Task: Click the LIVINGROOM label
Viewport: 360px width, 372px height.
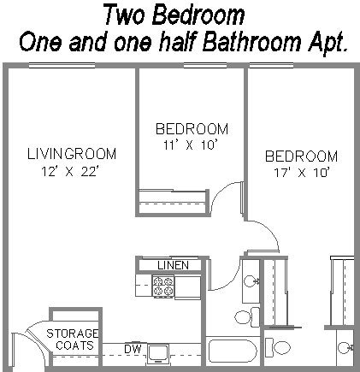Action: tap(72, 154)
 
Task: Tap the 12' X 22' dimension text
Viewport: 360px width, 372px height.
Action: tap(70, 171)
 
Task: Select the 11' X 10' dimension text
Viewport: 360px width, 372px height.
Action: tap(192, 145)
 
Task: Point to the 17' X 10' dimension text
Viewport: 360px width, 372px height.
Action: tap(302, 172)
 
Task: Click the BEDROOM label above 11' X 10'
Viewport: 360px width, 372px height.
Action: tap(192, 129)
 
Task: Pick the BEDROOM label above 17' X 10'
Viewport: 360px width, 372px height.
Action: tap(301, 156)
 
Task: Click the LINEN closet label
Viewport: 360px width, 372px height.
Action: tap(173, 265)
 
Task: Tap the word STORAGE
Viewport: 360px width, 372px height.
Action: tap(73, 334)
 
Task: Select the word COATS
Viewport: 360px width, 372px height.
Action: tap(74, 345)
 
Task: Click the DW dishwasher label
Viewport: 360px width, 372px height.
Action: tap(133, 349)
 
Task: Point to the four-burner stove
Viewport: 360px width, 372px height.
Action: tap(163, 286)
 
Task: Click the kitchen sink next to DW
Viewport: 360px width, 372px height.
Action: tap(158, 353)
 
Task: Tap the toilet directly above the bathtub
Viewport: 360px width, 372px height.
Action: tap(247, 316)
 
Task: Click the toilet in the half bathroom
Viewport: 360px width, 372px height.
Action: tap(278, 347)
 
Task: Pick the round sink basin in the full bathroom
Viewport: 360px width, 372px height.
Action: tap(251, 281)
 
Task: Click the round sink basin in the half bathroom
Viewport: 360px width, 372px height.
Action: tap(343, 347)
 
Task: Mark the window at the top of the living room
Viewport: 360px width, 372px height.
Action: tap(62, 66)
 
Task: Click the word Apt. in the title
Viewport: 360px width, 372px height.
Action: tap(328, 42)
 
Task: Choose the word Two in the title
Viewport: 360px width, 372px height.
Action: tap(124, 15)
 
